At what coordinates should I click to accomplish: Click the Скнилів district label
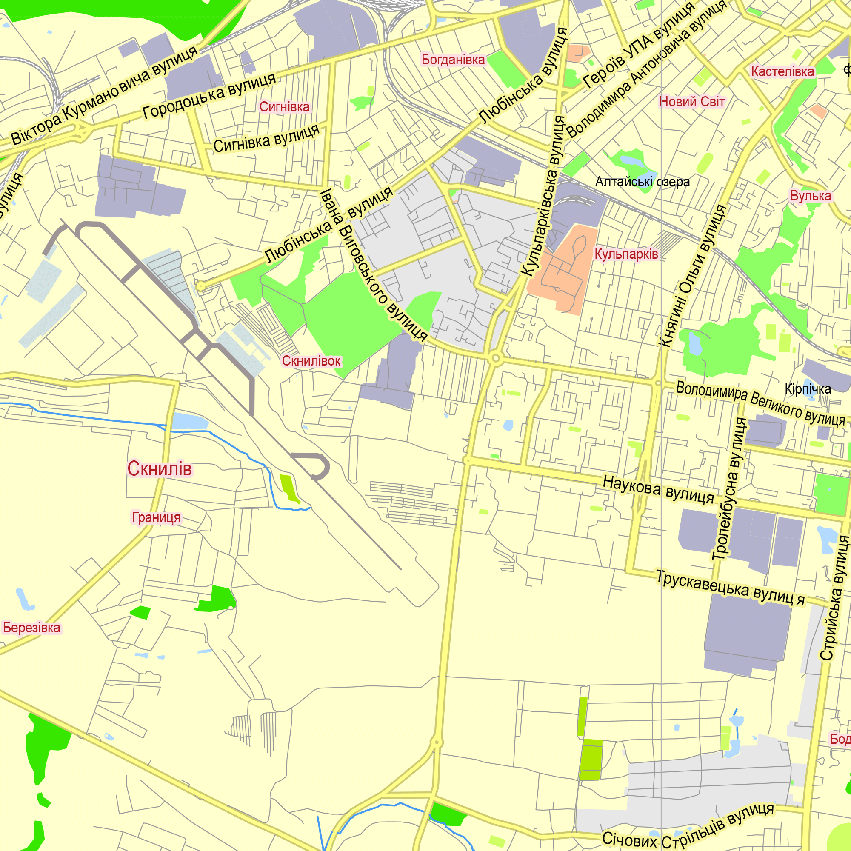tap(160, 468)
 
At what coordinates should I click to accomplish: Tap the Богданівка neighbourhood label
tap(453, 60)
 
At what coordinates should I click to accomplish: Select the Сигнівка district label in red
tap(284, 107)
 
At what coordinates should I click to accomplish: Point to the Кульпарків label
tap(626, 254)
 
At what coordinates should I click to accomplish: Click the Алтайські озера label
tap(642, 182)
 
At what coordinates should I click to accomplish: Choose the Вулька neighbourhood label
tap(811, 196)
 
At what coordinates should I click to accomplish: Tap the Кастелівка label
tap(782, 71)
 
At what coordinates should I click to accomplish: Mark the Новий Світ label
tap(692, 102)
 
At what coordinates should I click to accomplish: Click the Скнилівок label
tap(311, 361)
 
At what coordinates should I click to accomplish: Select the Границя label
tap(156, 517)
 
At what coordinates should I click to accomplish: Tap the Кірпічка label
tap(808, 389)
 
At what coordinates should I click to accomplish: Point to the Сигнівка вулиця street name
tap(266, 138)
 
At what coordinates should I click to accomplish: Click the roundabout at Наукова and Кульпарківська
tap(467, 461)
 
